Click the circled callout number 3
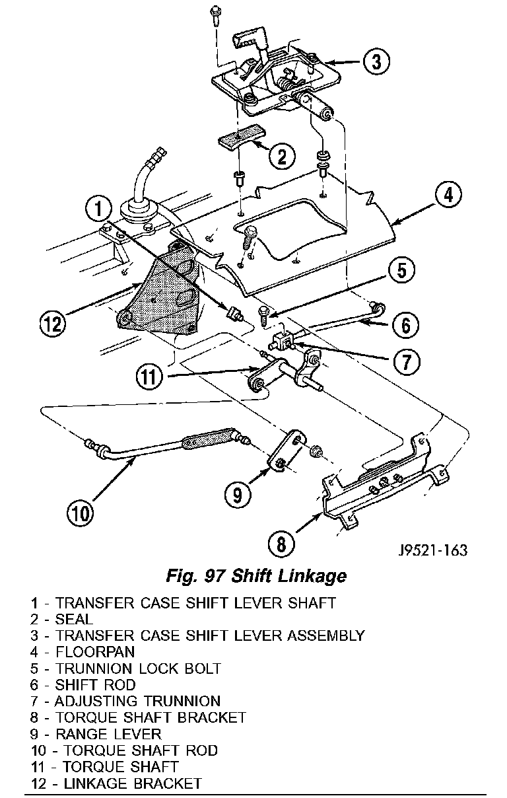click(375, 62)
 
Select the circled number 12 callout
click(53, 324)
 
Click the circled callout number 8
click(282, 543)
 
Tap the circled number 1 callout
click(98, 209)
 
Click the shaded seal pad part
click(240, 140)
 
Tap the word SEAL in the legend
click(75, 619)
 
